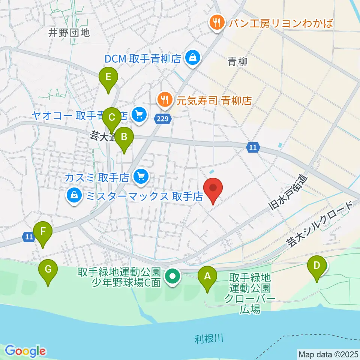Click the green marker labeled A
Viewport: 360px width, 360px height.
pyautogui.click(x=207, y=277)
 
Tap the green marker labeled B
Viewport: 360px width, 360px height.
pyautogui.click(x=124, y=138)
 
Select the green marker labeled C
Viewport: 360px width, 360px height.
pyautogui.click(x=111, y=118)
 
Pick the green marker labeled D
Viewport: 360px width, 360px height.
pyautogui.click(x=317, y=266)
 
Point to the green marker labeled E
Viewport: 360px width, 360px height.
pyautogui.click(x=108, y=78)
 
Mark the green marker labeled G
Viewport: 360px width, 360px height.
pyautogui.click(x=48, y=270)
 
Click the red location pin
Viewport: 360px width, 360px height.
pyautogui.click(x=213, y=188)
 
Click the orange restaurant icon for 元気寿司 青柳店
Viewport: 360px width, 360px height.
pyautogui.click(x=164, y=100)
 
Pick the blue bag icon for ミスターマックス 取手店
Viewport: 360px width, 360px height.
pyautogui.click(x=74, y=195)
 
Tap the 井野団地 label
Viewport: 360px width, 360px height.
pyautogui.click(x=69, y=33)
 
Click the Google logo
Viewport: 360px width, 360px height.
pyautogui.click(x=25, y=351)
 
